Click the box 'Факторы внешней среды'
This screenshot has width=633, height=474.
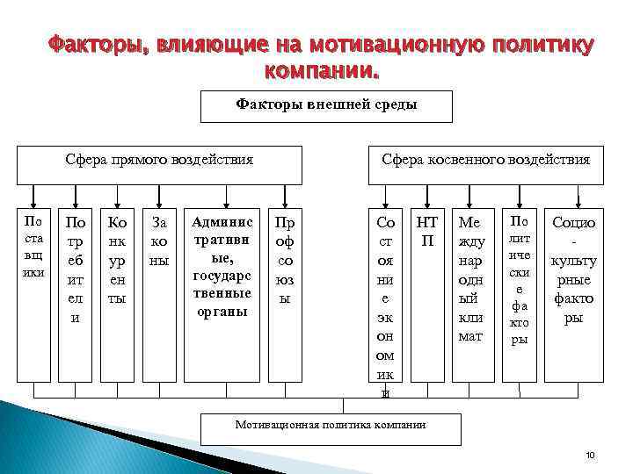pyautogui.click(x=326, y=106)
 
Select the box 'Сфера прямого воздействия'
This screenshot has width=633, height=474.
pyautogui.click(x=160, y=161)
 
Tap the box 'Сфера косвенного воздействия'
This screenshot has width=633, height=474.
pyautogui.click(x=485, y=161)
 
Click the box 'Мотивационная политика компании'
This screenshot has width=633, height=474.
pyautogui.click(x=330, y=426)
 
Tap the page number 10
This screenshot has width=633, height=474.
pyautogui.click(x=590, y=456)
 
